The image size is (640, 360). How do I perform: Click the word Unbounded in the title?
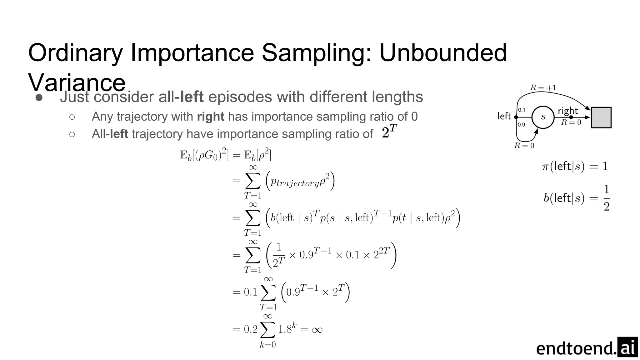click(x=443, y=52)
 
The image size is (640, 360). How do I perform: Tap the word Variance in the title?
click(x=77, y=82)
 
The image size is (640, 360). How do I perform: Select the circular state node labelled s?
click(x=543, y=117)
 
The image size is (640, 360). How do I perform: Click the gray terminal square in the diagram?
click(x=601, y=117)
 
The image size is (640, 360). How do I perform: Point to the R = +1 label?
click(x=543, y=88)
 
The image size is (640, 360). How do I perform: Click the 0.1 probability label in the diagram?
click(x=522, y=110)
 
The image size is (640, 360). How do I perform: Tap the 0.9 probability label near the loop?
click(x=521, y=125)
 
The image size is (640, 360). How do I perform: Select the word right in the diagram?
click(x=568, y=111)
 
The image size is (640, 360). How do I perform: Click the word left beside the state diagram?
click(x=504, y=116)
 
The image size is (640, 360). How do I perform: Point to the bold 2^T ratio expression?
click(x=389, y=132)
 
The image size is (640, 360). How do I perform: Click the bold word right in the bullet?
click(x=210, y=117)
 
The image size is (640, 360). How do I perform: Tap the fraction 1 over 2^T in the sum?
click(x=279, y=255)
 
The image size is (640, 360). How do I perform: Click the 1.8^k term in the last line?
click(x=287, y=329)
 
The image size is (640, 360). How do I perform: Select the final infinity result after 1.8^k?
click(x=317, y=330)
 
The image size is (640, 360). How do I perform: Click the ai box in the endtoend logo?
click(x=627, y=347)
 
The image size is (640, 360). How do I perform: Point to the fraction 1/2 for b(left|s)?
click(x=606, y=198)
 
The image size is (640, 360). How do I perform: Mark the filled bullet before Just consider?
click(x=39, y=97)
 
